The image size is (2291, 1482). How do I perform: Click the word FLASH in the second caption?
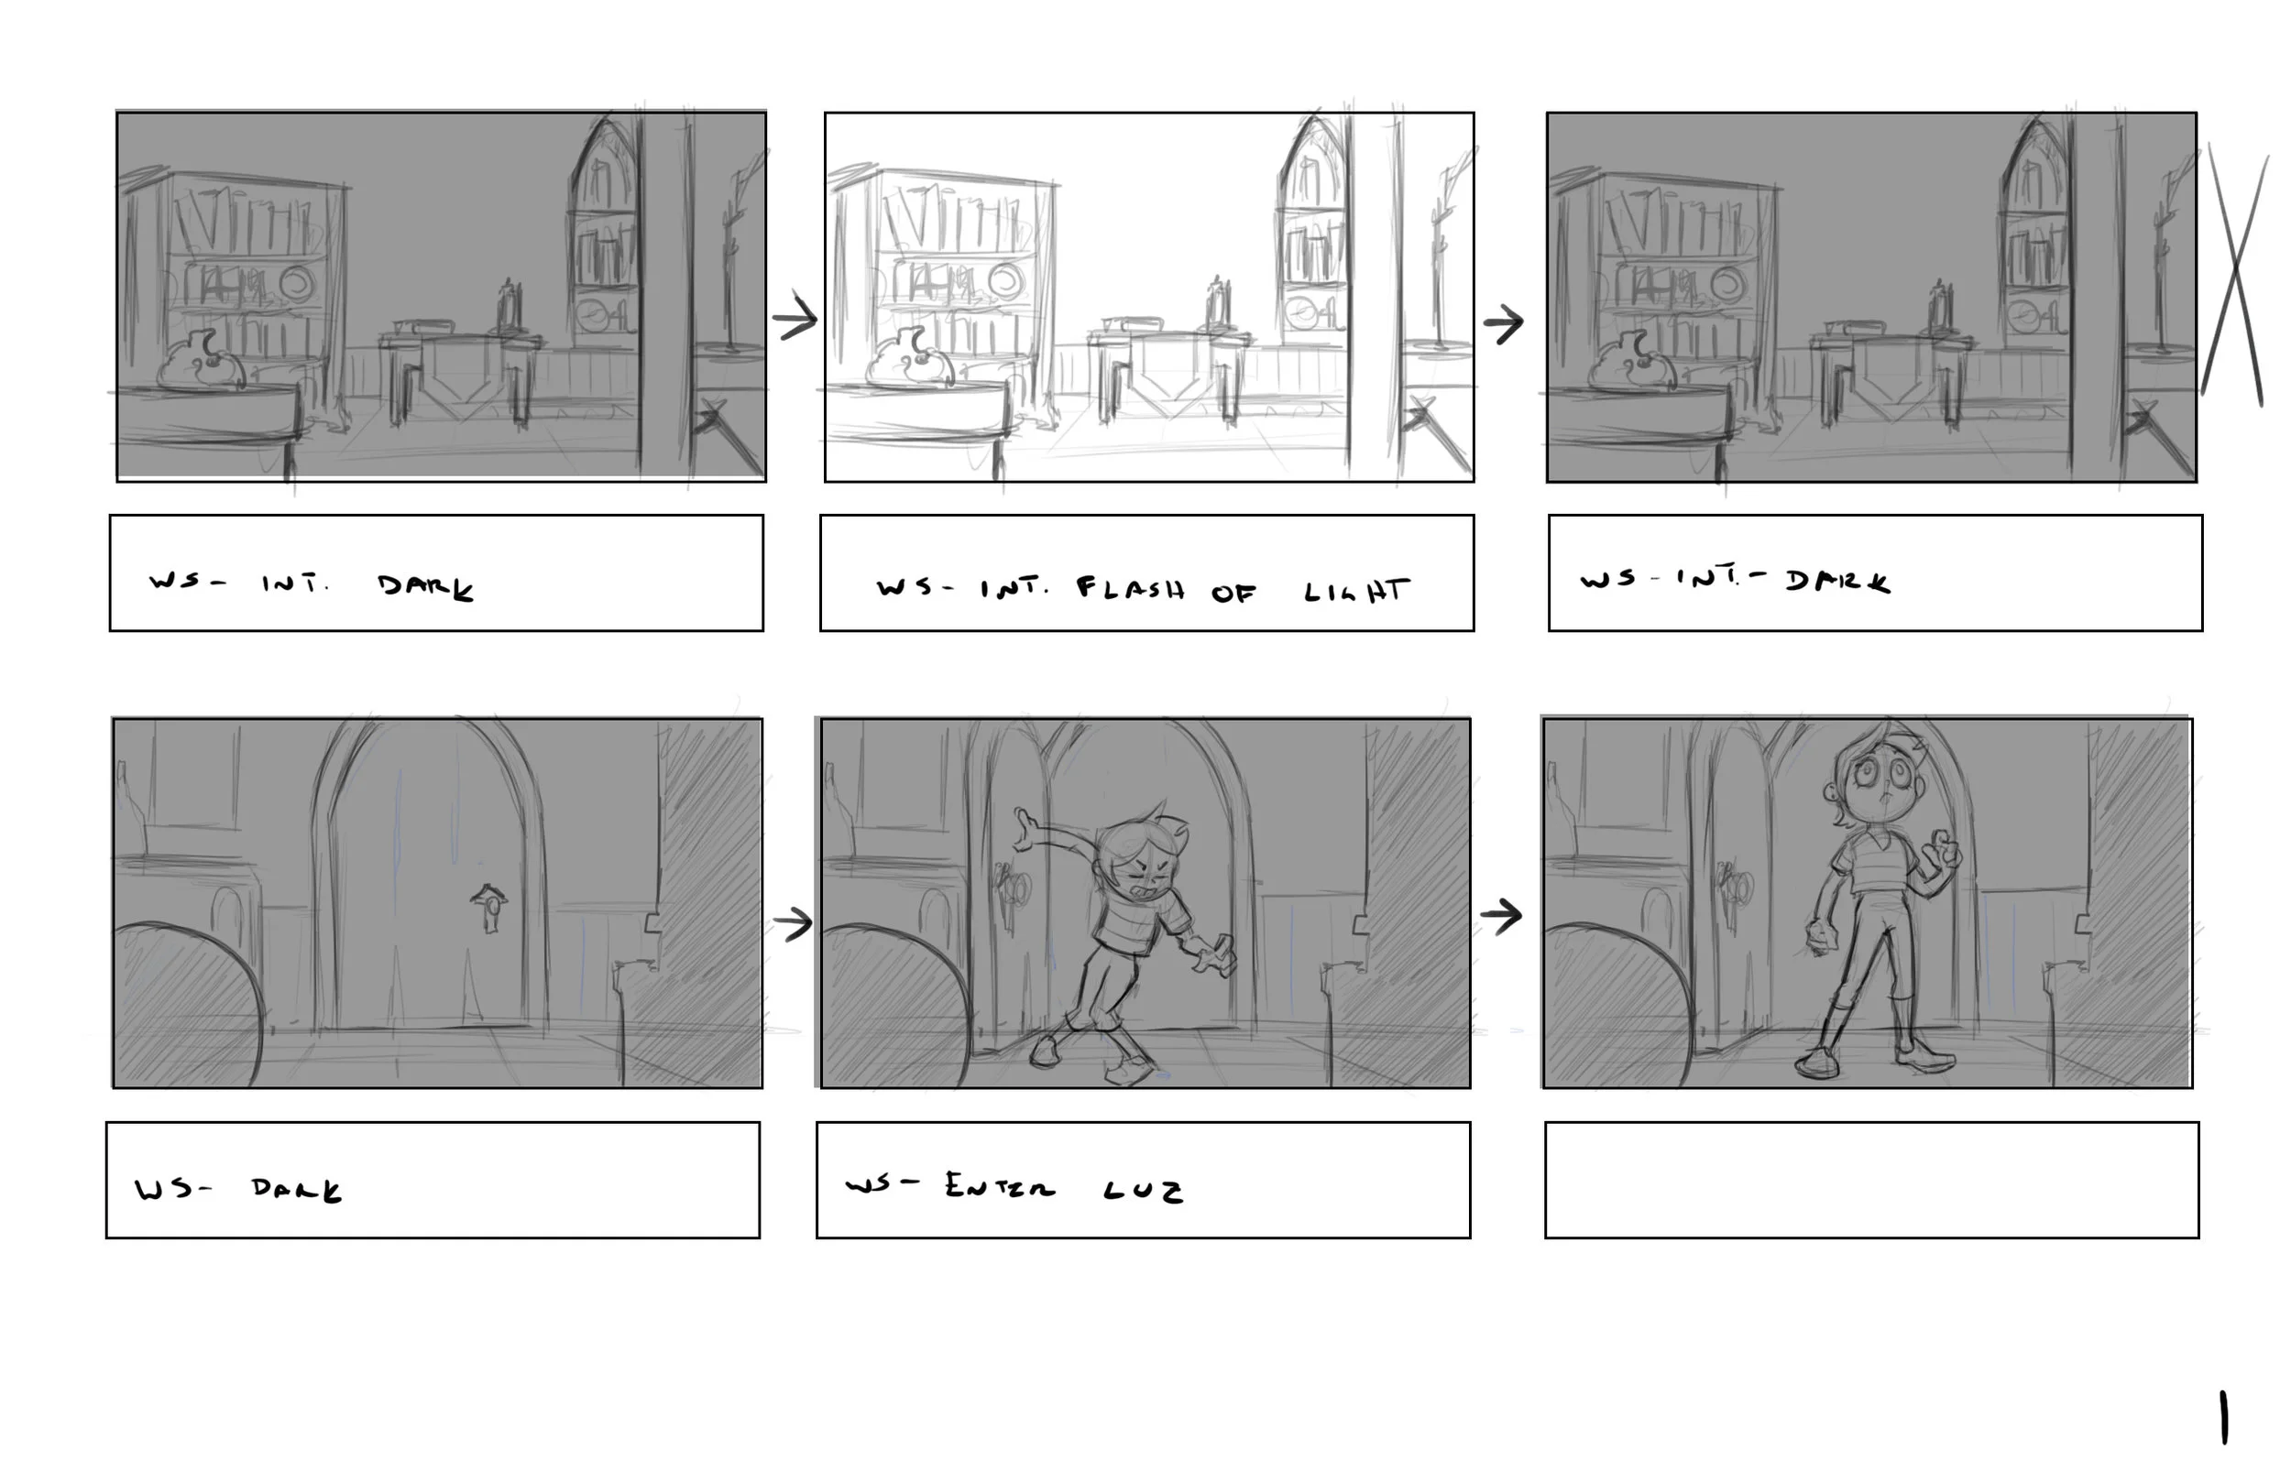click(x=1130, y=588)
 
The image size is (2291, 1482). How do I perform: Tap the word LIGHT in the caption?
click(x=1356, y=590)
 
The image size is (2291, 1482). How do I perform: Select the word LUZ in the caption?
click(x=1143, y=1192)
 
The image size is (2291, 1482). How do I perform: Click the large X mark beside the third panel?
click(x=2235, y=274)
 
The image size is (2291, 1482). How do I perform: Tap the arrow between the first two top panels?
click(x=795, y=319)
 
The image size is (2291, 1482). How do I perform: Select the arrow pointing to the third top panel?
click(x=1503, y=323)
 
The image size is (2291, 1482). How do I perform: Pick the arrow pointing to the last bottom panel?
click(x=1501, y=914)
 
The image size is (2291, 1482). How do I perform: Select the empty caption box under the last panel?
click(x=1871, y=1180)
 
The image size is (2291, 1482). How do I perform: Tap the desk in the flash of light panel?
click(x=1167, y=370)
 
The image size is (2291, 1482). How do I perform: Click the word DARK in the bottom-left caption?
click(x=297, y=1191)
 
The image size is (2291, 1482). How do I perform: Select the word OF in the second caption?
click(x=1233, y=593)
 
